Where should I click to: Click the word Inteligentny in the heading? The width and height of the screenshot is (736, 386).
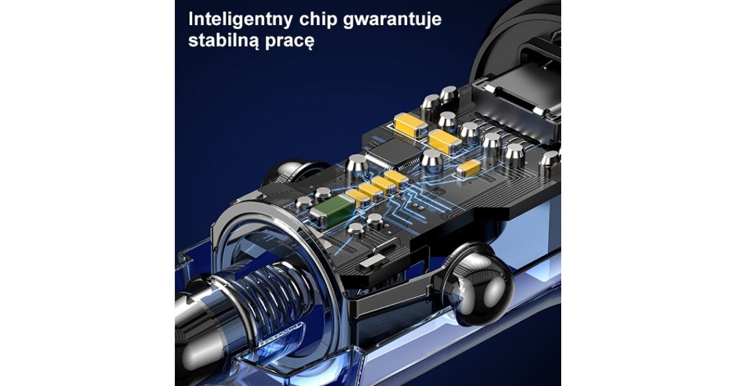(x=240, y=20)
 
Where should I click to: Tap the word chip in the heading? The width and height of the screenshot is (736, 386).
(x=318, y=20)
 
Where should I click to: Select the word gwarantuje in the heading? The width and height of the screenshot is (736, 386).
(x=393, y=20)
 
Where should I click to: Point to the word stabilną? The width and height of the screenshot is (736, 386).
(x=224, y=40)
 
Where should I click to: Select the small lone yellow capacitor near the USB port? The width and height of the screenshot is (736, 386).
(x=469, y=168)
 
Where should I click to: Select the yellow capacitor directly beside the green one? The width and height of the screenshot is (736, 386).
(x=358, y=197)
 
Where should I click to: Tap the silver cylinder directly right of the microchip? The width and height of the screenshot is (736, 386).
(x=432, y=162)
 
